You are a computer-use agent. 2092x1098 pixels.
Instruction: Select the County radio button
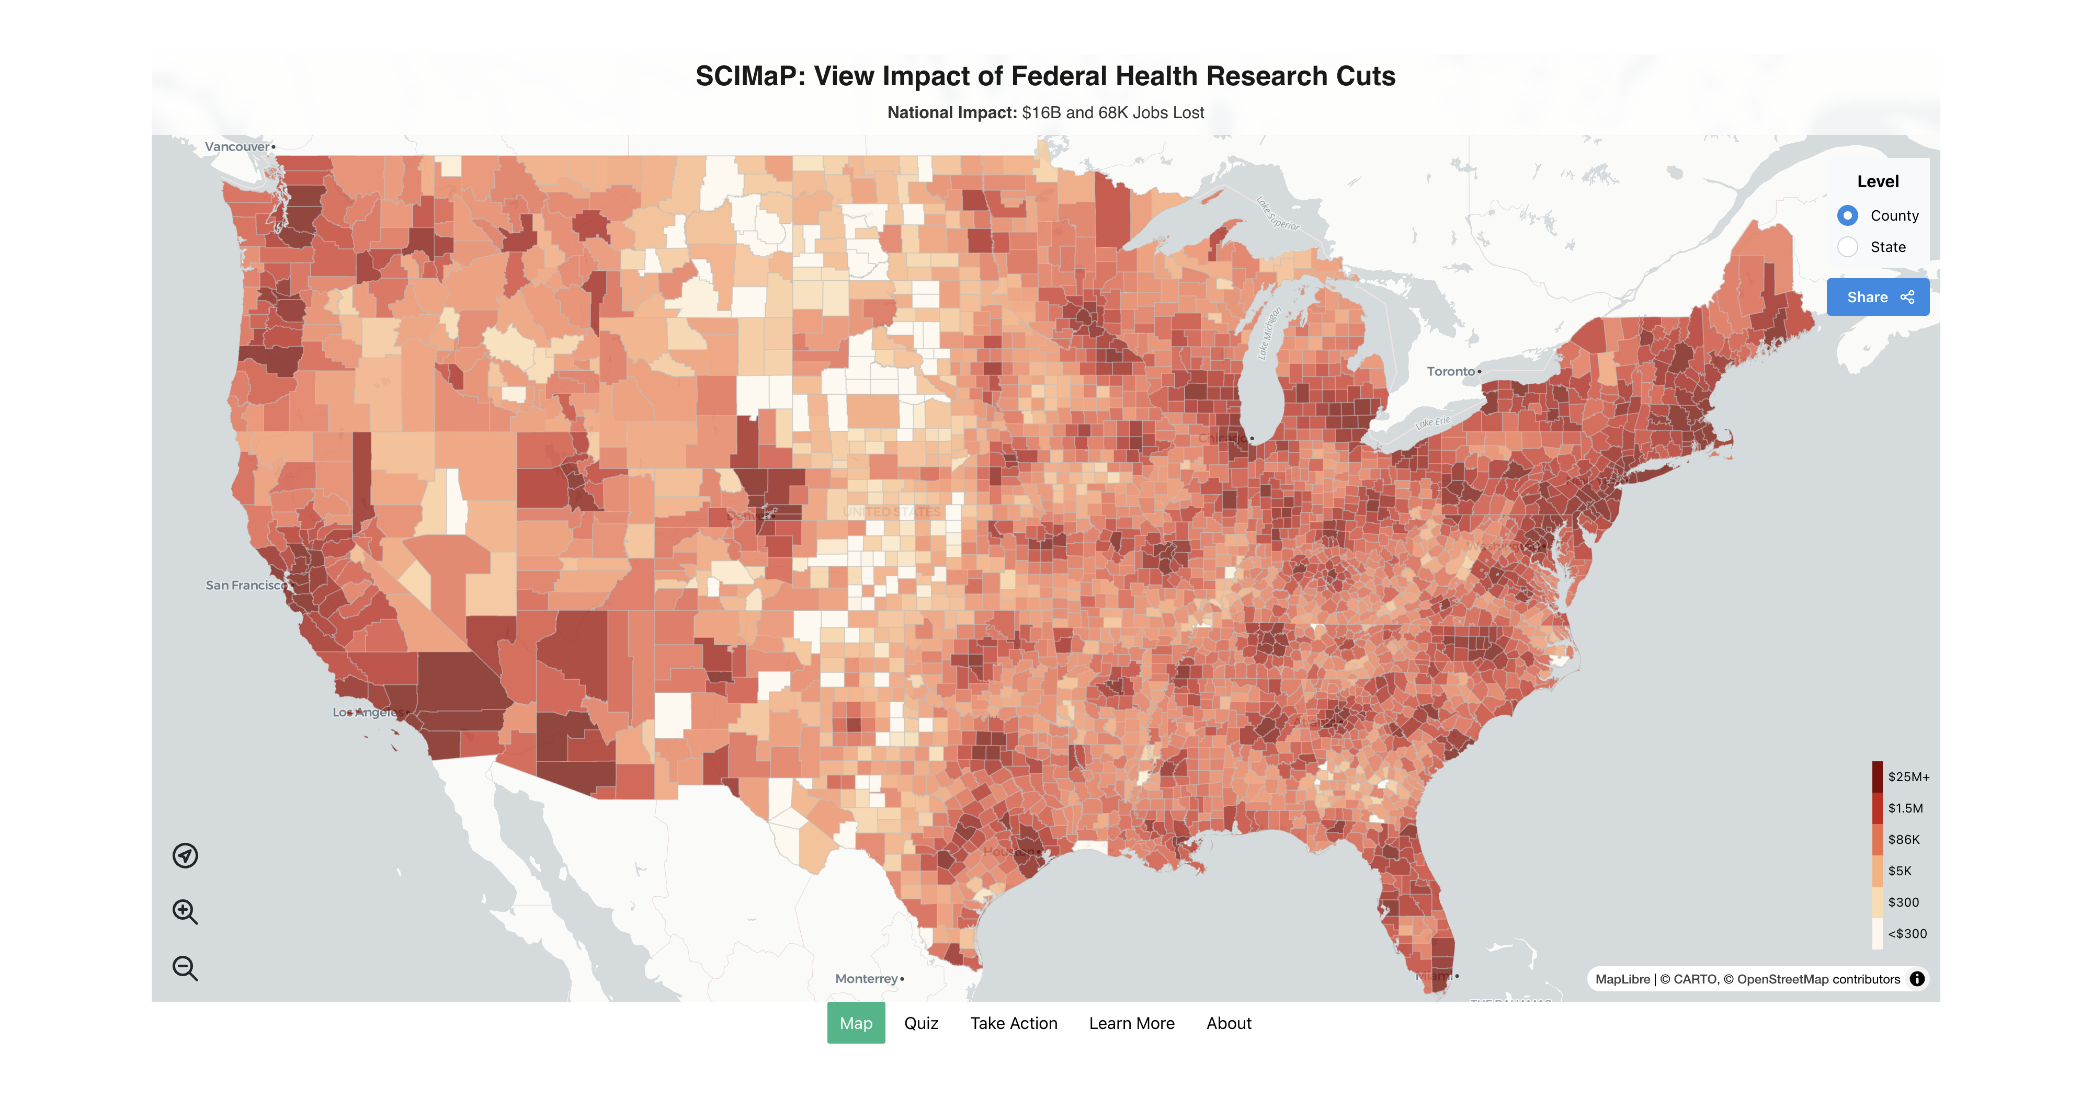click(x=1848, y=215)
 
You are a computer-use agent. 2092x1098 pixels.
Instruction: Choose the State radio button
click(x=1848, y=247)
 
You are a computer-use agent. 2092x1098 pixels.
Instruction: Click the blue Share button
click(x=1878, y=297)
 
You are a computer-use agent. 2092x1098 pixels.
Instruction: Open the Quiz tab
click(x=921, y=1023)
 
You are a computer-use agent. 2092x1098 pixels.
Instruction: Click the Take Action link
click(x=1014, y=1023)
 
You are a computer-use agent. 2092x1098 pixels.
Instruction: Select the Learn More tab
click(x=1131, y=1023)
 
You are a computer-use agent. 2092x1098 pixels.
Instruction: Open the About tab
click(x=1229, y=1023)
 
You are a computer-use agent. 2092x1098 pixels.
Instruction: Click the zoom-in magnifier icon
click(x=185, y=912)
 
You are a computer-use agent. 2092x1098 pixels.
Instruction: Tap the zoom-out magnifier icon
click(x=185, y=968)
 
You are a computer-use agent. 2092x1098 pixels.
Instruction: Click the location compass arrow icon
click(x=185, y=855)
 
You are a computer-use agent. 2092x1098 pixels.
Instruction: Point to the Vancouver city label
click(x=236, y=147)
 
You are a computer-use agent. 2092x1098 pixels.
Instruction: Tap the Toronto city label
click(x=1450, y=371)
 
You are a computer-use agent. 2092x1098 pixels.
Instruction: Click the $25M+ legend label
click(x=1908, y=777)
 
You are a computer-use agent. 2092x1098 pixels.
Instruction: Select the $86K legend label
click(x=1904, y=840)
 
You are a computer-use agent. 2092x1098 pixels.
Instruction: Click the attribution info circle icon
click(x=1917, y=979)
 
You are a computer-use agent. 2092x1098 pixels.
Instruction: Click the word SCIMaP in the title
click(x=745, y=76)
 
